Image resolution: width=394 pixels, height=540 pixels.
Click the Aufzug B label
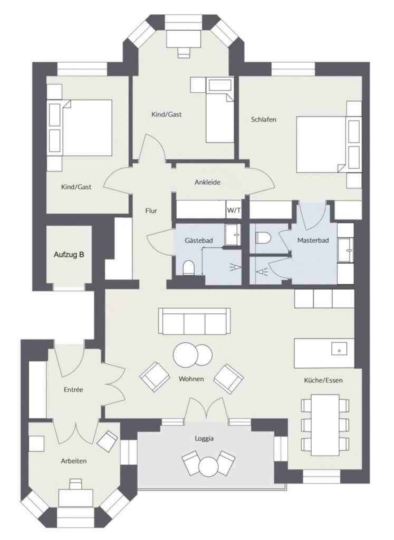69,255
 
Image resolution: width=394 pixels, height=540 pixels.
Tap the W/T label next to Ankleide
233,210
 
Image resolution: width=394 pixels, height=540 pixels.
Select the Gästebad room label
199,240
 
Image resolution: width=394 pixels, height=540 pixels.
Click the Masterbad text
313,240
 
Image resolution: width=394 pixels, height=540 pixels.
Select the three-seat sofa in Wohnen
195,321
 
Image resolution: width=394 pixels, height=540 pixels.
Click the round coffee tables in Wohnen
193,354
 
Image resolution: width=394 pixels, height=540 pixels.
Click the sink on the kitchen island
338,349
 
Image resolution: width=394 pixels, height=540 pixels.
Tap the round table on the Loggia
208,467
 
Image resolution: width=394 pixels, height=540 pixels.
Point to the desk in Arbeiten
75,496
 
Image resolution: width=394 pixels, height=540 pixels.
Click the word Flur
151,210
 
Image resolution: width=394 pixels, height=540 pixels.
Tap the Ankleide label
207,182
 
